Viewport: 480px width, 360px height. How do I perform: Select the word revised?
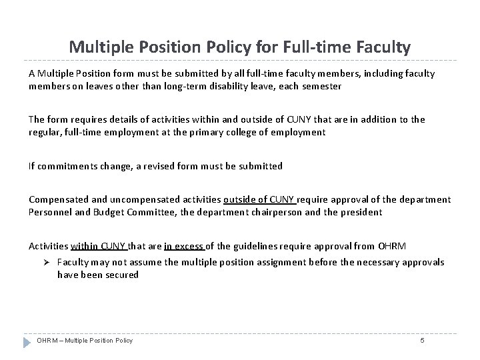point(172,165)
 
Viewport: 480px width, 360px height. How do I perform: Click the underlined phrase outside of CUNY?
point(261,199)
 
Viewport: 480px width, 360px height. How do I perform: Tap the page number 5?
point(422,341)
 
